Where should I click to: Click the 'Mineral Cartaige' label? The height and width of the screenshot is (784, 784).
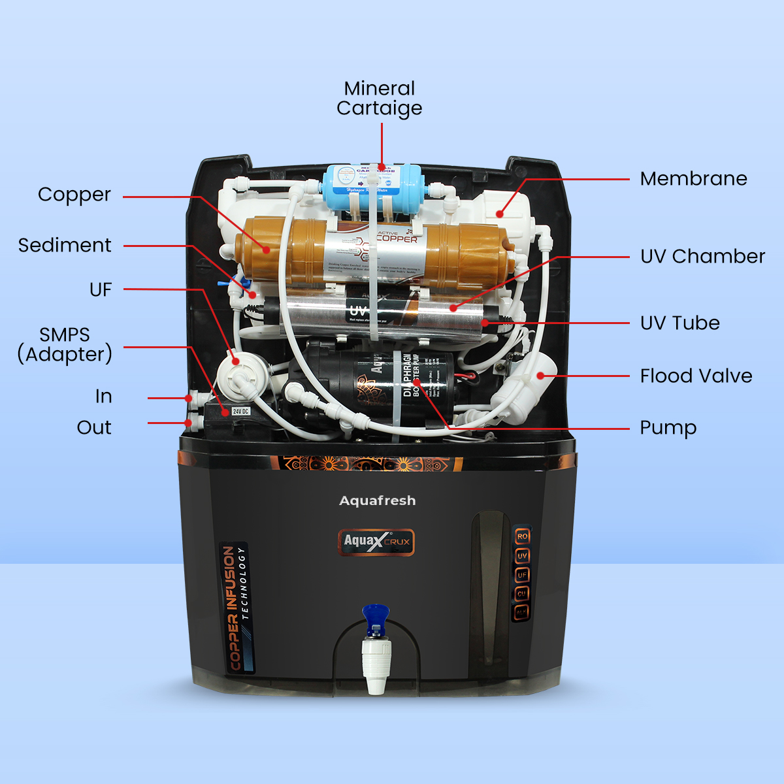[380, 98]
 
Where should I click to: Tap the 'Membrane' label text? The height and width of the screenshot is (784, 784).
[693, 178]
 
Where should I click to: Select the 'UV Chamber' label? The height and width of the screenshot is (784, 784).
[702, 256]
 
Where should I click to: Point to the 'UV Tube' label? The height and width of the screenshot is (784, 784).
[679, 323]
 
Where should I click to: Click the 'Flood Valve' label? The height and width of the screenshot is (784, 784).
[696, 376]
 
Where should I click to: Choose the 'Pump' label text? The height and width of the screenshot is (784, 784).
[668, 428]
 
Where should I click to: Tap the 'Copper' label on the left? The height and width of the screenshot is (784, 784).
[74, 195]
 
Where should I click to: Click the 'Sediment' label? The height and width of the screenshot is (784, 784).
[65, 245]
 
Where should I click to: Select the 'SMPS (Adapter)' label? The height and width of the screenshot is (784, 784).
[65, 344]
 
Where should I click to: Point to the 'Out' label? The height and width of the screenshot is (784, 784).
[94, 427]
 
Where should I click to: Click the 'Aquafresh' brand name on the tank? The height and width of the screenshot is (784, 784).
[378, 500]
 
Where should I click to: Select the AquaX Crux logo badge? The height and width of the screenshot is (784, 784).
[376, 542]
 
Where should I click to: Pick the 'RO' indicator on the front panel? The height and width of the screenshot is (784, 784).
[522, 536]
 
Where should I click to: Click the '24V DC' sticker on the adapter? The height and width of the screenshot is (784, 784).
[240, 411]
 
